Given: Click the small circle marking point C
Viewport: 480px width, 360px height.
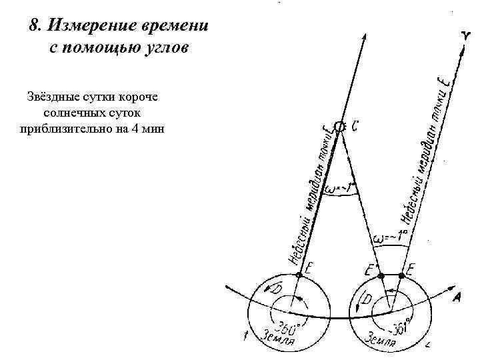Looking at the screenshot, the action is tap(339, 126).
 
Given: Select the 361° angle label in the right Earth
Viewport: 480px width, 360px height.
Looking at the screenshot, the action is tap(393, 327).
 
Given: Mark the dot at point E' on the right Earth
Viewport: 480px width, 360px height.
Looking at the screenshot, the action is tap(381, 273).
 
